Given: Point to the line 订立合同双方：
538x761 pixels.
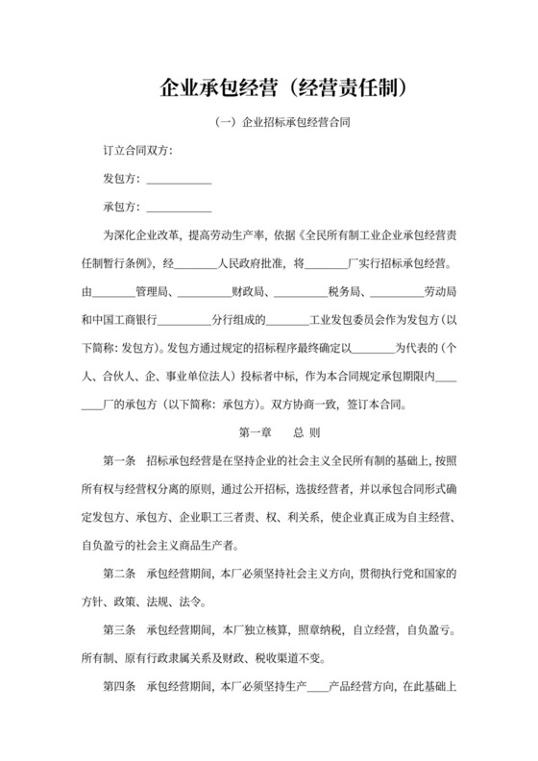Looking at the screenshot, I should pyautogui.click(x=138, y=152).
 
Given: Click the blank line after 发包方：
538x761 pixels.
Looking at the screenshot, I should pyautogui.click(x=179, y=180).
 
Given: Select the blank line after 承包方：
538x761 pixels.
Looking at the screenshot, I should pyautogui.click(x=179, y=208).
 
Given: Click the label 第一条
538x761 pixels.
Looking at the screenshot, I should pyautogui.click(x=121, y=459).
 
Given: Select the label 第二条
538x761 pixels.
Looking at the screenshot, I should pyautogui.click(x=121, y=574).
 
